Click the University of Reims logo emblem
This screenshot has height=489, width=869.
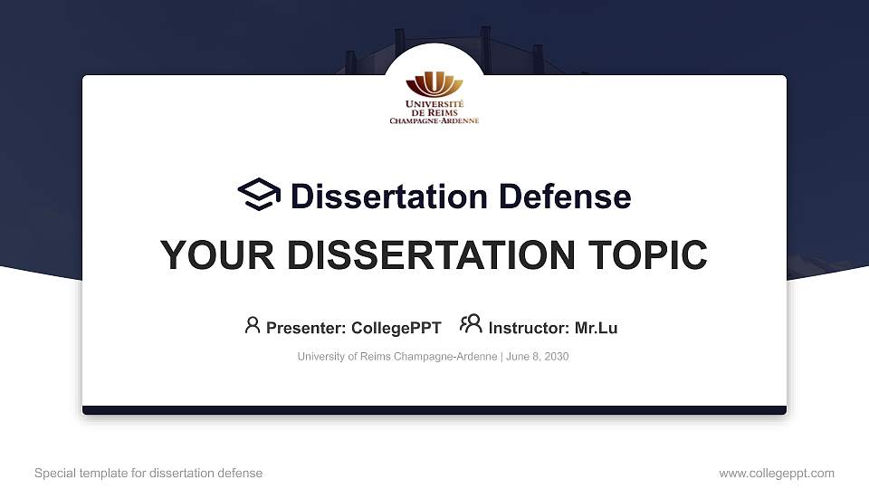[x=434, y=85]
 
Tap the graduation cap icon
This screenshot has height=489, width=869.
[x=260, y=195]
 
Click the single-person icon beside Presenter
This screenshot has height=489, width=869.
[x=253, y=324]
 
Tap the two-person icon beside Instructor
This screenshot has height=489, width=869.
[x=471, y=324]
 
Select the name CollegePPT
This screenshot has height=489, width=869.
[x=396, y=328]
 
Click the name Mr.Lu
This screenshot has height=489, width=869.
[x=596, y=328]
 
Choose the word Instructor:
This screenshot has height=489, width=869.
[x=529, y=328]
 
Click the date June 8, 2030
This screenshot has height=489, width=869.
[x=537, y=357]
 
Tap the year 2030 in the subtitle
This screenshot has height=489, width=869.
[x=555, y=357]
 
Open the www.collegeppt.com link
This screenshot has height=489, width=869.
[x=776, y=473]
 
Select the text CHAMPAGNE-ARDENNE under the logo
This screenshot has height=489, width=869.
[x=434, y=120]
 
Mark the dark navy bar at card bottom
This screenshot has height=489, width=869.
[x=434, y=410]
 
